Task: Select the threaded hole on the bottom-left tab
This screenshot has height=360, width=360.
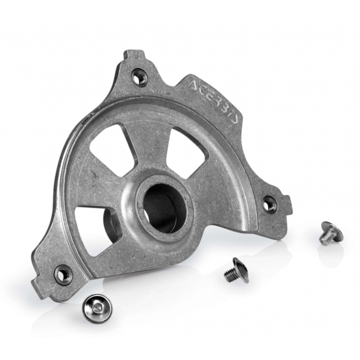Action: (x=63, y=273)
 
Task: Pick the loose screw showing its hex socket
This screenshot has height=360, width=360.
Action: (x=98, y=308)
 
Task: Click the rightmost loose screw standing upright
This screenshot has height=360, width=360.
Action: (x=331, y=233)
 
